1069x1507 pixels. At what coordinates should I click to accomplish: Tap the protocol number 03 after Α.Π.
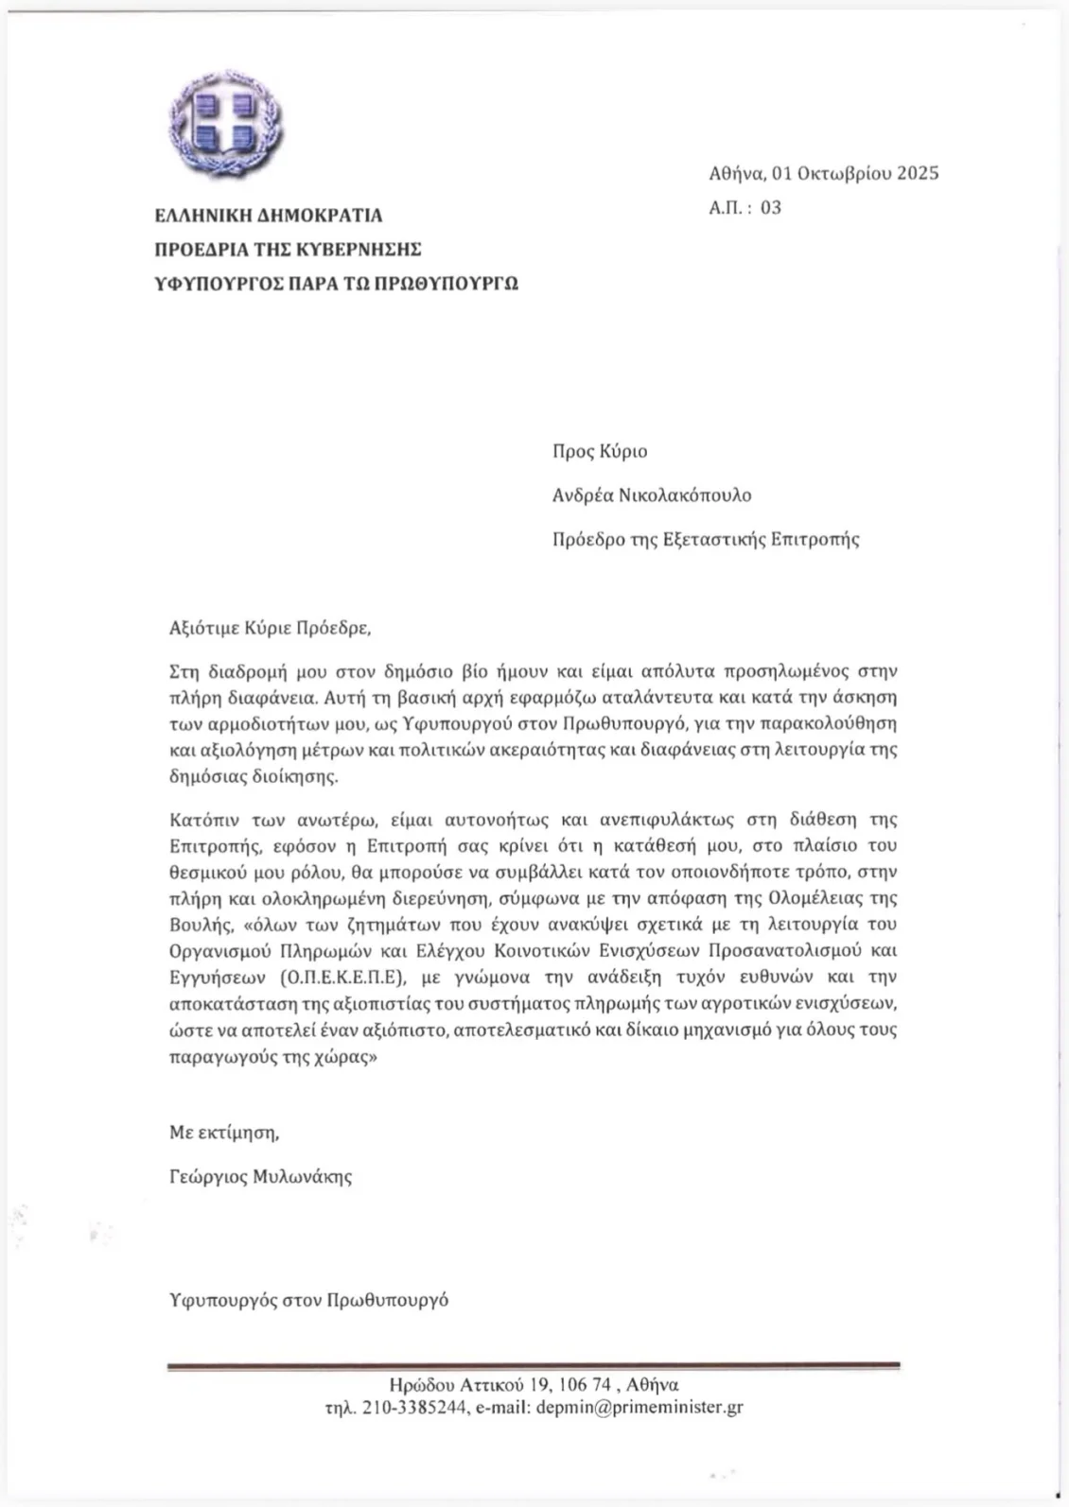point(771,208)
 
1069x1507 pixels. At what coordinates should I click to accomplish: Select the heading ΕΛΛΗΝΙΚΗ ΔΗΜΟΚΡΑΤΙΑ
point(269,216)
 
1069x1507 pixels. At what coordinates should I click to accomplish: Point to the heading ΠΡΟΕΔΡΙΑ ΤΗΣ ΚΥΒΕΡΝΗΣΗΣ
point(289,250)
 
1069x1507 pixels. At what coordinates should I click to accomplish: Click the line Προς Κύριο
point(600,451)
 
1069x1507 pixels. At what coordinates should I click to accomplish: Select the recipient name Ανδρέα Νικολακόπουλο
point(652,495)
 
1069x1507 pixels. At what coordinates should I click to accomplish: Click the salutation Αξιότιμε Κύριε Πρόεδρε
point(265,627)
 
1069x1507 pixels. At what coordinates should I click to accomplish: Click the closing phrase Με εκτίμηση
point(224,1132)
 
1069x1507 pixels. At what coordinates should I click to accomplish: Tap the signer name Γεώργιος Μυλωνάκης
point(260,1177)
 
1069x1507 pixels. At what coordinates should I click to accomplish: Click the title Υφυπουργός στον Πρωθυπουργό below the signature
point(308,1300)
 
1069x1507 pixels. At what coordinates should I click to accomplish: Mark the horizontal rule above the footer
point(534,1365)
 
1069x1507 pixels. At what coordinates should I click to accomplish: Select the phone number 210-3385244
point(413,1407)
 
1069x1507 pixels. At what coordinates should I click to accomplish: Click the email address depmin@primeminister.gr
point(639,1407)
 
